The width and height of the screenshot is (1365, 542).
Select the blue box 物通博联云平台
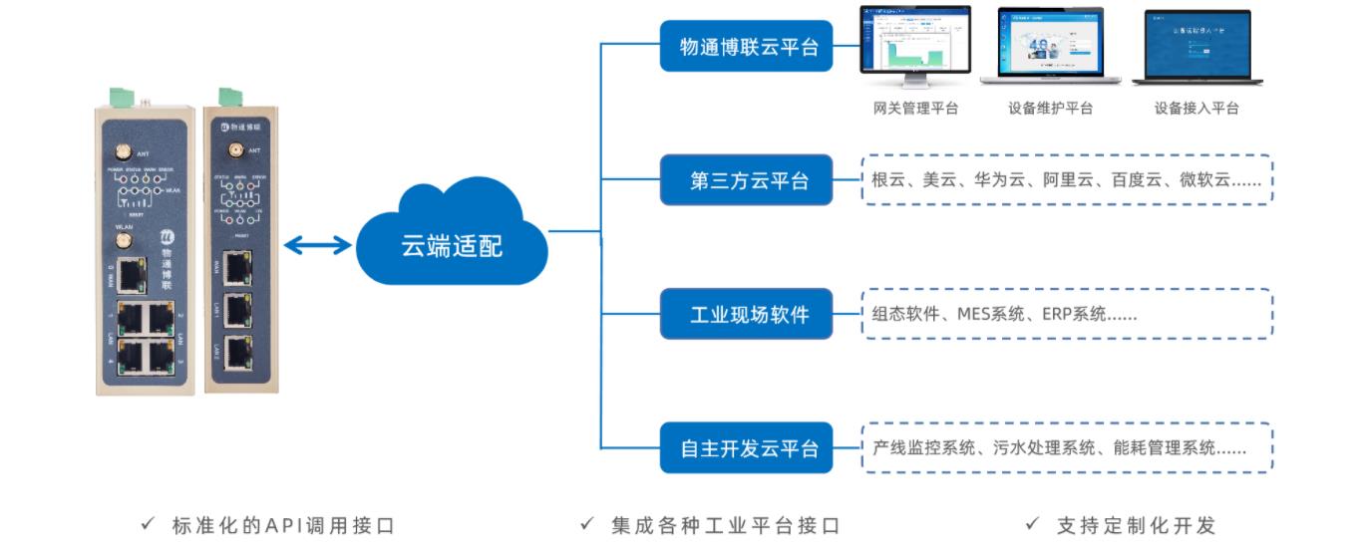click(x=746, y=46)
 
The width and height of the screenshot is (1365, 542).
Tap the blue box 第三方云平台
click(x=746, y=180)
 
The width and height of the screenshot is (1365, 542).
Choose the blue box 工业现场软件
click(x=746, y=315)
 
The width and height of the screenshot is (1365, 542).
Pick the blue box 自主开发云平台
click(x=746, y=448)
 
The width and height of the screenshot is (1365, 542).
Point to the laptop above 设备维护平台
click(x=1049, y=47)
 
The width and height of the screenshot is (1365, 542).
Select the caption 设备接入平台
click(x=1195, y=108)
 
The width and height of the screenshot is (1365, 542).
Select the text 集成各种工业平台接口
click(x=725, y=525)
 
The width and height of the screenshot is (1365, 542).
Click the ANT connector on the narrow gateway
click(x=236, y=151)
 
